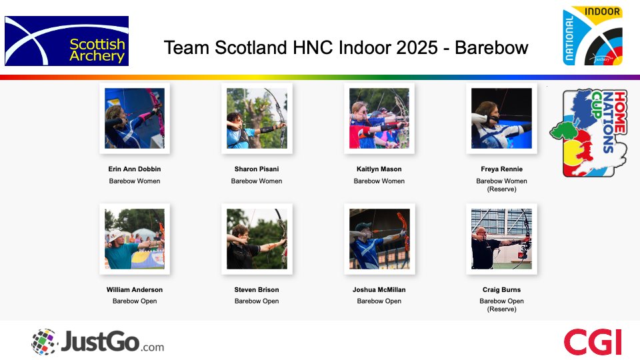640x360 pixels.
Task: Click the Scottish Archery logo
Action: [67, 41]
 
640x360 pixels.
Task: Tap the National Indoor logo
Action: [593, 37]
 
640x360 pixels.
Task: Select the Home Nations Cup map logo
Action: [588, 133]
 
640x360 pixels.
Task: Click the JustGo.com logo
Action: [97, 342]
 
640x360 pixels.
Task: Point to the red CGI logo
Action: [593, 342]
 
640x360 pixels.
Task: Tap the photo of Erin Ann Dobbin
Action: [135, 118]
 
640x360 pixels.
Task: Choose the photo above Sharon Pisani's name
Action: [257, 118]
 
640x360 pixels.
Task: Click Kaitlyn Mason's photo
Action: [379, 118]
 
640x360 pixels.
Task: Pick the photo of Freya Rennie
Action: [501, 118]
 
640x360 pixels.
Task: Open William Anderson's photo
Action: [135, 239]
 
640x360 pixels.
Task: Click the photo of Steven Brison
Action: [257, 239]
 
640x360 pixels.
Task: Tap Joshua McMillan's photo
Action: [379, 239]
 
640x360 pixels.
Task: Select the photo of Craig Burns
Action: [501, 239]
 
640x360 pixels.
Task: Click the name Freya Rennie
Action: [501, 169]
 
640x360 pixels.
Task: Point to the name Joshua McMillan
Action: [379, 290]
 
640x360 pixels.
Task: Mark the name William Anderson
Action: [135, 290]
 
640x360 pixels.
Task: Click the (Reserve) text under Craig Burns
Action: [501, 309]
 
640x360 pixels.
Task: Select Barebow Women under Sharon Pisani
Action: [257, 181]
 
